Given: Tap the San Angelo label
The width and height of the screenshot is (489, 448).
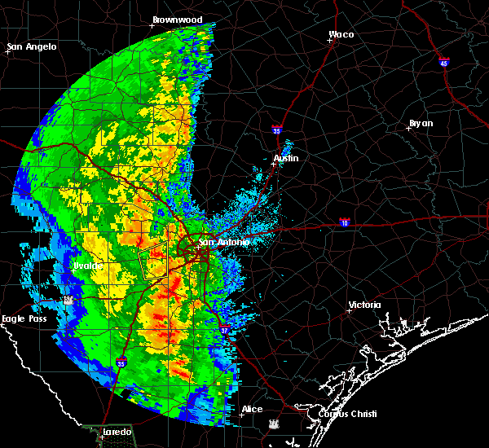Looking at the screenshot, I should point(33,46).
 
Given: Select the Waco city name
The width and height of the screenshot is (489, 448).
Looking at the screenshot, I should point(341,34).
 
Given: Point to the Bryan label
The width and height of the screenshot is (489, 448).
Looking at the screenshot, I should point(421,123).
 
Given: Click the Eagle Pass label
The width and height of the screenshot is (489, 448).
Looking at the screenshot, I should point(24,318).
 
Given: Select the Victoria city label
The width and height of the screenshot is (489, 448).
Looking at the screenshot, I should point(364,305).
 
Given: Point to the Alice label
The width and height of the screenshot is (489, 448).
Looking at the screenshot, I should point(252,409).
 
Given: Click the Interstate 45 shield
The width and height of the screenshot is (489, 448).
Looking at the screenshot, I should point(443,62).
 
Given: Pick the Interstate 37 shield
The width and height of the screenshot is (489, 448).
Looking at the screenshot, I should point(226,328).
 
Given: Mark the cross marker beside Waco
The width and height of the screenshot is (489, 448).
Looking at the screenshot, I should point(331,41).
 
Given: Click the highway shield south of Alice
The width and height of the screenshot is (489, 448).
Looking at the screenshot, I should point(274,424).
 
